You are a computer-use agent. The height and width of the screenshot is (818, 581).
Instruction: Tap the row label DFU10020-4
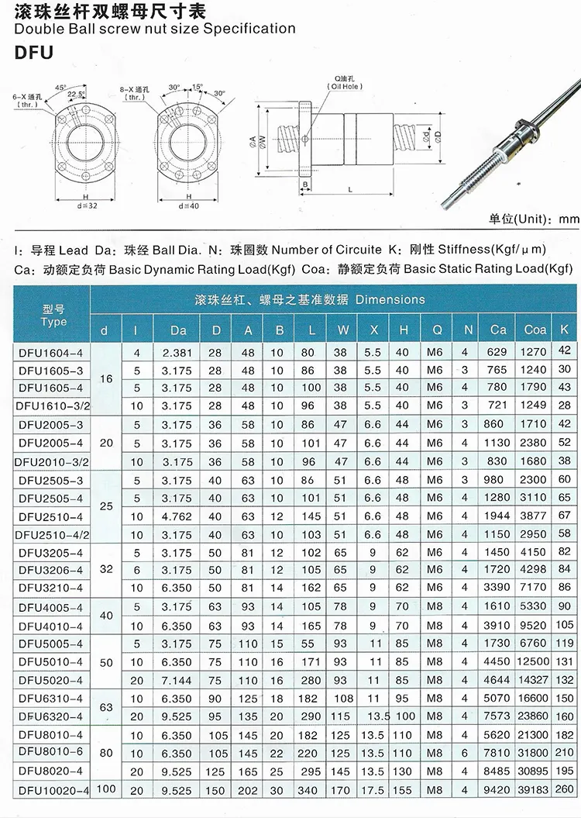pyautogui.click(x=54, y=789)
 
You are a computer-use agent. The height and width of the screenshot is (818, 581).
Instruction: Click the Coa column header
pyautogui.click(x=535, y=330)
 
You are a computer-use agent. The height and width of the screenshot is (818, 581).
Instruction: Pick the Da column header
pyautogui.click(x=178, y=330)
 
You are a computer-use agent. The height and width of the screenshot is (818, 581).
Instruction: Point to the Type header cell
pyautogui.click(x=53, y=316)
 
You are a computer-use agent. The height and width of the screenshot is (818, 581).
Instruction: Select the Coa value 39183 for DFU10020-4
pyautogui.click(x=535, y=789)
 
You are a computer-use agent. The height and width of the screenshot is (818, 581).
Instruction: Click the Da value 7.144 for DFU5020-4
pyautogui.click(x=178, y=680)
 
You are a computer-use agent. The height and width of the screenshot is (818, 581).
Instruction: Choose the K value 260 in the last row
pyautogui.click(x=566, y=789)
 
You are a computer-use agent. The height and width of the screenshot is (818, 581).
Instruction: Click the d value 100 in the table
pyautogui.click(x=106, y=789)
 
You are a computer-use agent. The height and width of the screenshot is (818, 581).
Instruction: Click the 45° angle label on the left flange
pyautogui.click(x=60, y=87)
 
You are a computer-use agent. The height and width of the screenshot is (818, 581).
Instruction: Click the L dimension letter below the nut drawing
pyautogui.click(x=350, y=189)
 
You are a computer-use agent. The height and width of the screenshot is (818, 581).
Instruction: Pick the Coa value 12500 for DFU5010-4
pyautogui.click(x=535, y=662)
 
